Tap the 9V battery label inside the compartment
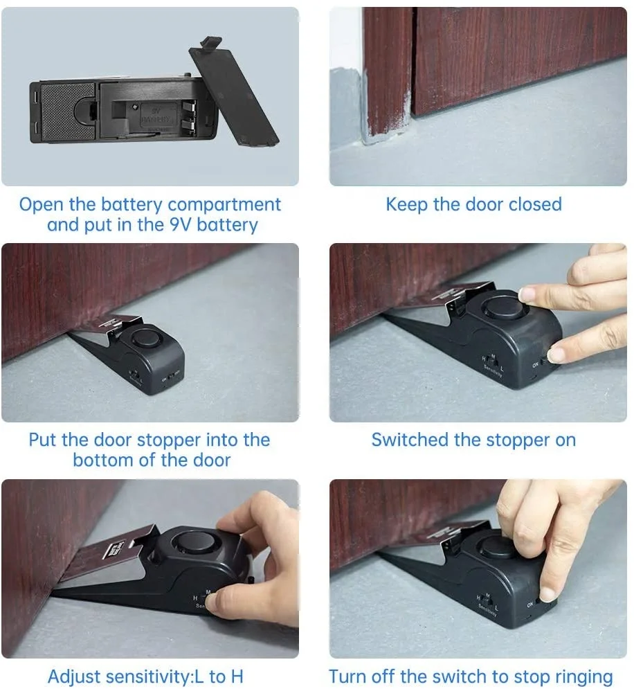click(155, 114)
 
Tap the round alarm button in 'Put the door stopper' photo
click(145, 339)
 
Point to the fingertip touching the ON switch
click(556, 355)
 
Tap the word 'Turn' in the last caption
click(347, 677)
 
